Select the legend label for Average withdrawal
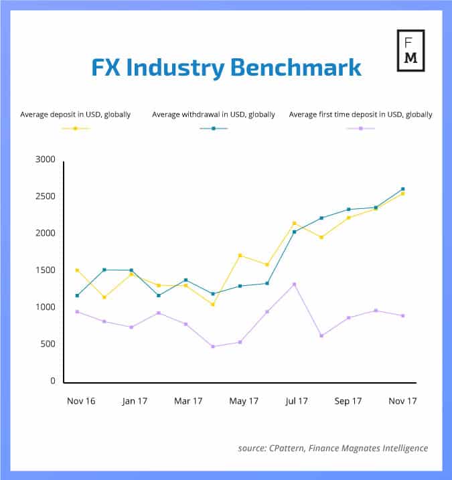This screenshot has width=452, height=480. pyautogui.click(x=214, y=114)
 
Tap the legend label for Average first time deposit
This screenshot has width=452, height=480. pyautogui.click(x=360, y=114)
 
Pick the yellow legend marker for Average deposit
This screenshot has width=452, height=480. pyautogui.click(x=76, y=128)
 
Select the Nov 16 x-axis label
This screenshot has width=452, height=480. pyautogui.click(x=81, y=401)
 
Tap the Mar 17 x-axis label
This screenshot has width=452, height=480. pyautogui.click(x=188, y=401)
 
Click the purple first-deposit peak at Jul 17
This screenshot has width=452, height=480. pyautogui.click(x=294, y=284)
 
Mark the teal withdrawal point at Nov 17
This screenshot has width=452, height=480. pyautogui.click(x=402, y=189)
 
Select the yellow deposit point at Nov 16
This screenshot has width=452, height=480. pyautogui.click(x=78, y=270)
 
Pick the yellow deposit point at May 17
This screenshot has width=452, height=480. pyautogui.click(x=240, y=255)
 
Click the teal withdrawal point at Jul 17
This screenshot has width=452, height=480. pyautogui.click(x=295, y=232)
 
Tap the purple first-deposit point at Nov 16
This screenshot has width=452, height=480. pyautogui.click(x=78, y=311)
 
